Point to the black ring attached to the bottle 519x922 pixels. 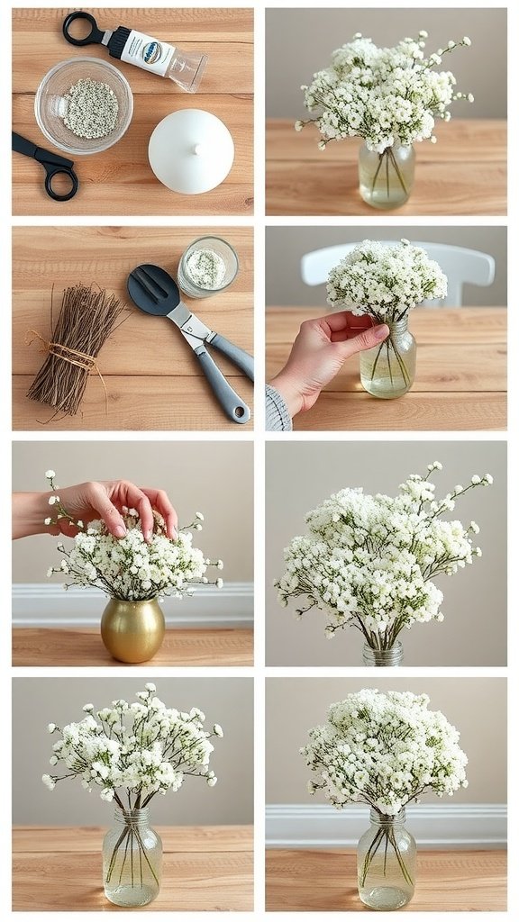(83, 29)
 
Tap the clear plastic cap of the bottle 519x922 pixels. (187, 70)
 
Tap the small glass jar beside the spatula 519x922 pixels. (208, 267)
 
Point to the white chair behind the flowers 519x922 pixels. (469, 266)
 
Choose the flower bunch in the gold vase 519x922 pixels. (135, 558)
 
